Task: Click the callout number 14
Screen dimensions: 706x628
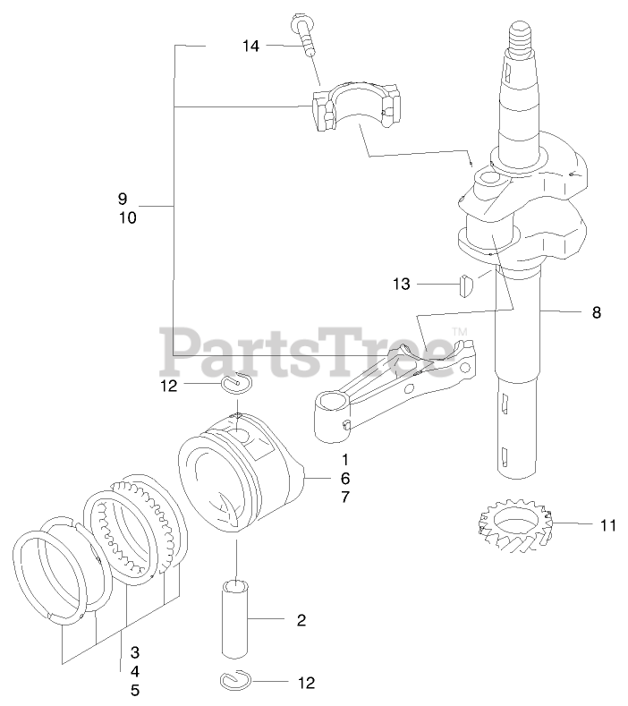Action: tap(250, 46)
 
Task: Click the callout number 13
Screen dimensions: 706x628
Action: tap(401, 284)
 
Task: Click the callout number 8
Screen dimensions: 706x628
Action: tap(596, 312)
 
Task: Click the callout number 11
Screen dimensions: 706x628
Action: tap(607, 525)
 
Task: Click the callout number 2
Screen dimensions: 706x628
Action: tap(301, 619)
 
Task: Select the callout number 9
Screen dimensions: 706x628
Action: tap(123, 198)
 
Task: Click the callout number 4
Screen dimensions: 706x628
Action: tap(135, 670)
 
